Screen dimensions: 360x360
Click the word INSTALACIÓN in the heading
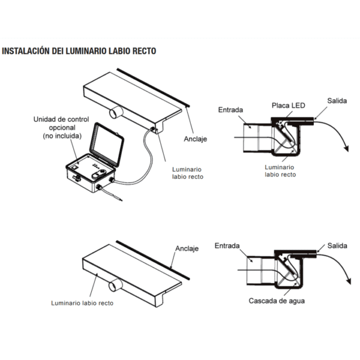(x=25, y=51)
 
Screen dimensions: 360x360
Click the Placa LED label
(x=288, y=106)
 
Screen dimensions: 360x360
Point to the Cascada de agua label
(x=277, y=301)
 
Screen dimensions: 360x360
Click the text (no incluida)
(x=62, y=137)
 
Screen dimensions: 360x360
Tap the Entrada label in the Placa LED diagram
(x=231, y=110)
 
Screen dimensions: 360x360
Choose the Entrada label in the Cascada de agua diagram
(x=227, y=245)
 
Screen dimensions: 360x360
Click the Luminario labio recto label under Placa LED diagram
(x=280, y=171)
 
